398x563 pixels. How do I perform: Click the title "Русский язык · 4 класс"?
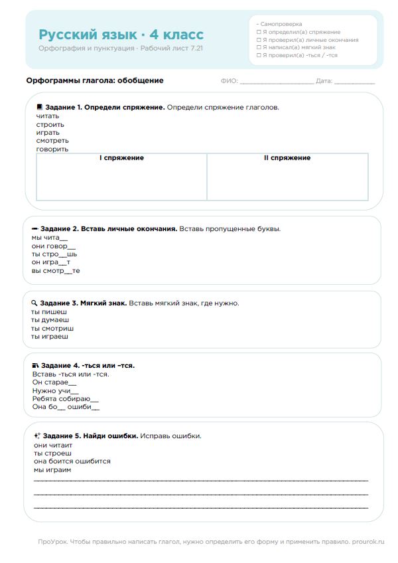[x=121, y=35]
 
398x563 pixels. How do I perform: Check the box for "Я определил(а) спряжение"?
[x=259, y=32]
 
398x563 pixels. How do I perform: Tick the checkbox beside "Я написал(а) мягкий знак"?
[x=259, y=47]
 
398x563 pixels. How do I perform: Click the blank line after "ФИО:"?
[x=277, y=82]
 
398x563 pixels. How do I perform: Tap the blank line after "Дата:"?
[x=354, y=82]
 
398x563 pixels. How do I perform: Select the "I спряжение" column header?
[x=121, y=158]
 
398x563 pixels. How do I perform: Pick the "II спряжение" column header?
[x=287, y=158]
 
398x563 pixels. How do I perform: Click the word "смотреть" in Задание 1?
[x=52, y=141]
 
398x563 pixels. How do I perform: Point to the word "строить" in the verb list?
[x=50, y=124]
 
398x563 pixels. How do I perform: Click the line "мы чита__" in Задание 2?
[x=50, y=238]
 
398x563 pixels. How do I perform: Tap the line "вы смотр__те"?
[x=56, y=271]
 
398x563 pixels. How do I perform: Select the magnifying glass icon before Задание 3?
[x=34, y=303]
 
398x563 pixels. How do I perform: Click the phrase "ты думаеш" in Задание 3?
[x=50, y=320]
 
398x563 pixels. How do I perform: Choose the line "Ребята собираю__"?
[x=65, y=399]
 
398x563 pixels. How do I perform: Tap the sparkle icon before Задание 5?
[x=37, y=436]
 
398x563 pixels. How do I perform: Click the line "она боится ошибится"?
[x=72, y=461]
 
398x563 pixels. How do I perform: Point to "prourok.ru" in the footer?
[x=368, y=542]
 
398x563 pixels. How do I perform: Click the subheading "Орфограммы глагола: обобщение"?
[x=94, y=81]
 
